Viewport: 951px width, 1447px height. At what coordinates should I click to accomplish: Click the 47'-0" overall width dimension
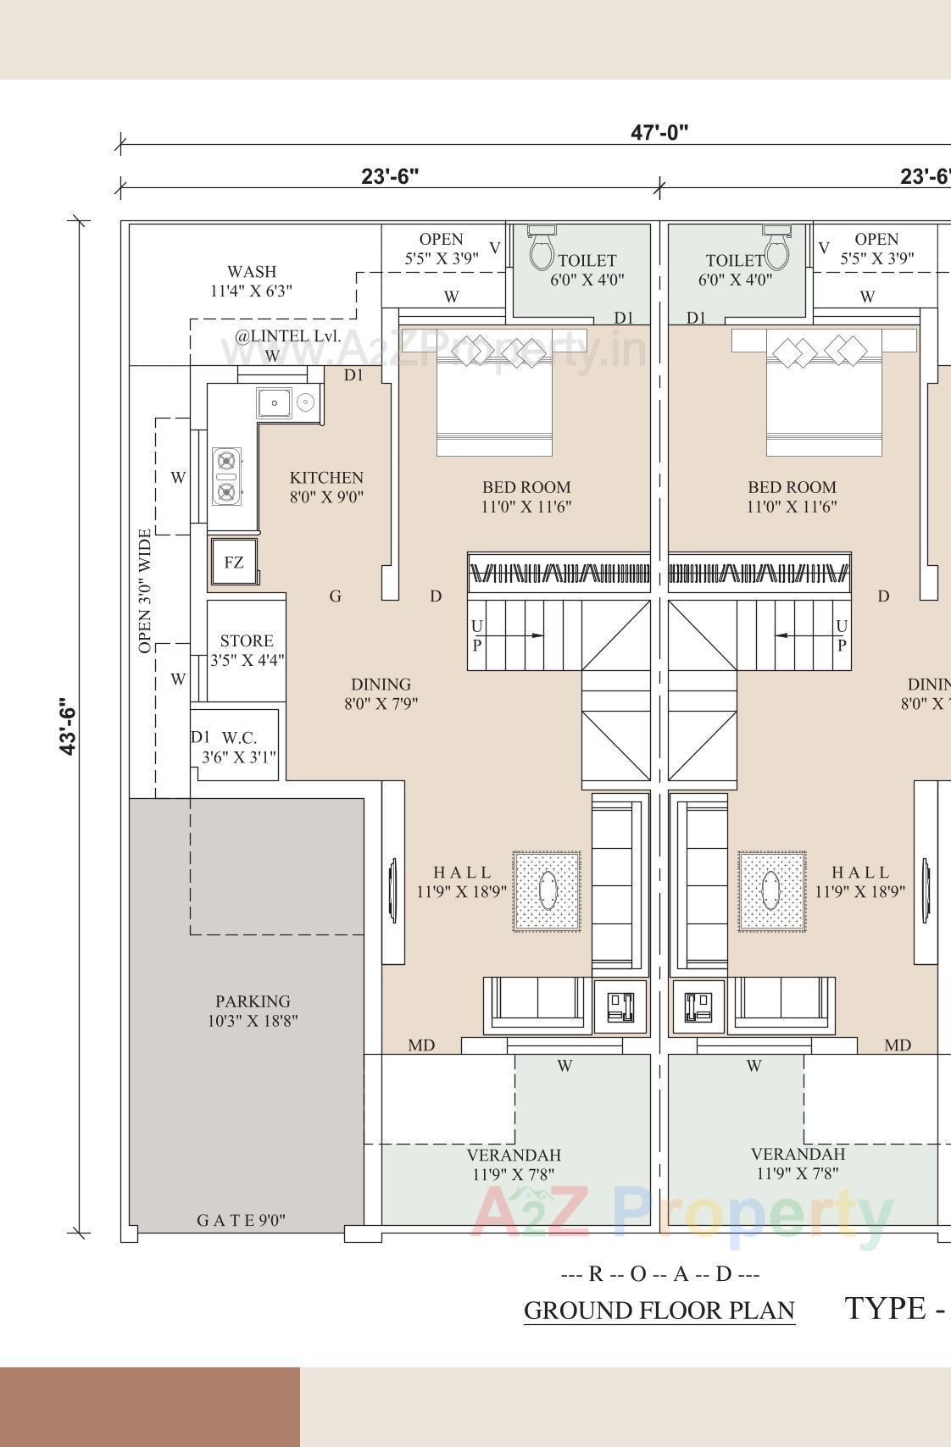659,132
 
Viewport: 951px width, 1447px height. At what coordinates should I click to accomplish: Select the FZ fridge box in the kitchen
234,562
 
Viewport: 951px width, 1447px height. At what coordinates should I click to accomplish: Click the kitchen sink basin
275,403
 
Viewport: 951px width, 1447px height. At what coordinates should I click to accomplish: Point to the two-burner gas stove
226,477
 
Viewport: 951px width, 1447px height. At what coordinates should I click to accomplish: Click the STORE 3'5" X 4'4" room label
247,650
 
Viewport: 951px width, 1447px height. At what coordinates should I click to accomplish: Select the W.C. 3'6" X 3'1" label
239,747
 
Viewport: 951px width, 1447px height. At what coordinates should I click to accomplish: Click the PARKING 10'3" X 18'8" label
253,1011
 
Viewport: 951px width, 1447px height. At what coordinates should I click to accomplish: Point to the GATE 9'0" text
241,1220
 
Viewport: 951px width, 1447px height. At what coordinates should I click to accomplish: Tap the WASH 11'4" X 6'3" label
252,280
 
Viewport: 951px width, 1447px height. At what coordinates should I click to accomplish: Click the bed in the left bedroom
494,405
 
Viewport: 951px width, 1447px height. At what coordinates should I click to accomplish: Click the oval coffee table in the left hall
548,891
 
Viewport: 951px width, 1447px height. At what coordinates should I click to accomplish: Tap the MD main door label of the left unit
421,1045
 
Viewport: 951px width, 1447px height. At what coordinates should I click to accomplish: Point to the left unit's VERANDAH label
514,1164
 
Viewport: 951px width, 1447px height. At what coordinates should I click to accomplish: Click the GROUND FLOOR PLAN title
659,1310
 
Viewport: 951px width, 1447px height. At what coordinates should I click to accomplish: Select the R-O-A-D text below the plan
660,1273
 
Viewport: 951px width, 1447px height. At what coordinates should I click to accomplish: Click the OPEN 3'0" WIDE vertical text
145,590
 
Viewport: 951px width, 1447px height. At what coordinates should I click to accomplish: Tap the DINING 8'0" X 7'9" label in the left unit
381,693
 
